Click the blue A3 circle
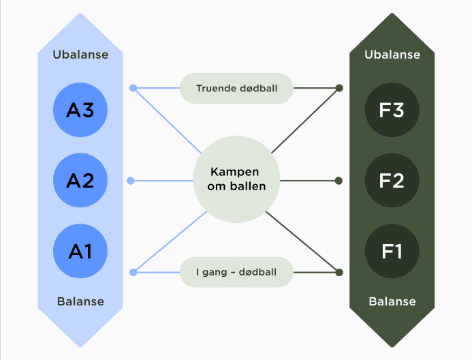point(80,110)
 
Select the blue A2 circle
point(80,181)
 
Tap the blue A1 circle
point(80,251)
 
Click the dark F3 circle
point(392,110)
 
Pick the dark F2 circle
point(392,181)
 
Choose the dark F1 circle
point(392,251)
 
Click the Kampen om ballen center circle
point(236,180)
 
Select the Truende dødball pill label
point(236,89)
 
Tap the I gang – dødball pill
point(236,272)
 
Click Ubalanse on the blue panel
point(80,55)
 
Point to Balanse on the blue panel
point(80,301)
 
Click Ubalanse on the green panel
point(392,55)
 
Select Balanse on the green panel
point(392,301)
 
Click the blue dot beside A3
point(133,88)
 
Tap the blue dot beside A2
point(133,181)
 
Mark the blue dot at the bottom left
point(133,273)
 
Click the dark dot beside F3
point(339,88)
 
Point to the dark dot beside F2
point(339,181)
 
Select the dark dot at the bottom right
point(339,273)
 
